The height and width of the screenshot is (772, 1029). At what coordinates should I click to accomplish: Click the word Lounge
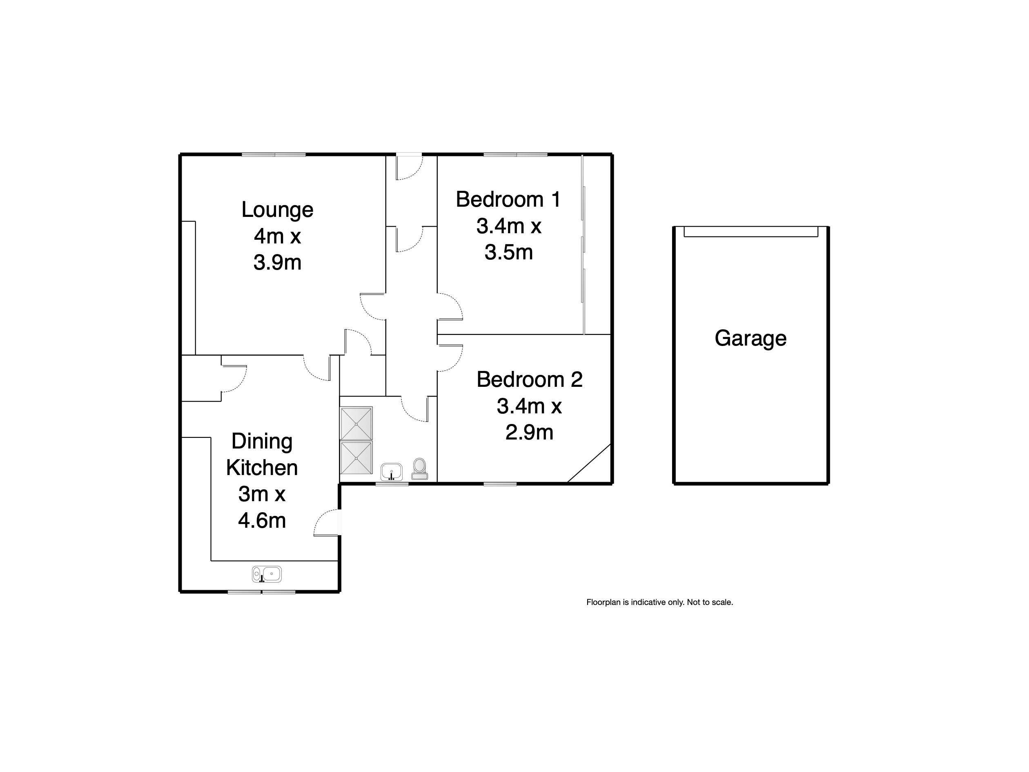[x=277, y=210]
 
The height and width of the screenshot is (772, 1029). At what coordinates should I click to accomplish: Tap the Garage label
[x=751, y=338]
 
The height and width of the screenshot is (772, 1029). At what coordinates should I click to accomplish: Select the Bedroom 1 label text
[x=508, y=200]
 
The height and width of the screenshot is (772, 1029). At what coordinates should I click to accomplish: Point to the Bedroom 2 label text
[x=529, y=380]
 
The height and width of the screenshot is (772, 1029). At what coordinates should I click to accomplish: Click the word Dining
[x=262, y=441]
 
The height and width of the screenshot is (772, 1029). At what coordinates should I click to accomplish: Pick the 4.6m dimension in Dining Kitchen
[x=262, y=521]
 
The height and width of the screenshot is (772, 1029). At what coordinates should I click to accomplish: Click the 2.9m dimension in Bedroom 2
[x=529, y=433]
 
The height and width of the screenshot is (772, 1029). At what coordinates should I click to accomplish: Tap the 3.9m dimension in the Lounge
[x=277, y=263]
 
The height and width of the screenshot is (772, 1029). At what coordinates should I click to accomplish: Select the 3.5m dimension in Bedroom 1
[x=508, y=252]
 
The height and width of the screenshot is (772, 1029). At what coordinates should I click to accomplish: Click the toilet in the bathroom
[x=420, y=468]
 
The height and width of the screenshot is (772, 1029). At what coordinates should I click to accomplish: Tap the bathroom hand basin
[x=391, y=471]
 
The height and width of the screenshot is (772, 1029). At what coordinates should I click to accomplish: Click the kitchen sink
[x=267, y=574]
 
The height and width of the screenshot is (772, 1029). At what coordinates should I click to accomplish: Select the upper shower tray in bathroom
[x=356, y=424]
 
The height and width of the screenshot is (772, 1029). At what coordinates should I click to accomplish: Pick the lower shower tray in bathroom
[x=356, y=458]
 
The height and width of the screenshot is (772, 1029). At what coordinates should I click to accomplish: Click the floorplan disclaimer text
[x=659, y=602]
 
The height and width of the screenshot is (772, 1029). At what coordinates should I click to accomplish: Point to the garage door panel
[x=751, y=231]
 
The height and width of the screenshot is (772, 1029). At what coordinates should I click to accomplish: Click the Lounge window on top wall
[x=274, y=154]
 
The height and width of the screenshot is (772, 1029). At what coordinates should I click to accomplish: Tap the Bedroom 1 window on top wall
[x=515, y=154]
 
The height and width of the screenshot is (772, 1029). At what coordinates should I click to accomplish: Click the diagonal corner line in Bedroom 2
[x=589, y=464]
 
